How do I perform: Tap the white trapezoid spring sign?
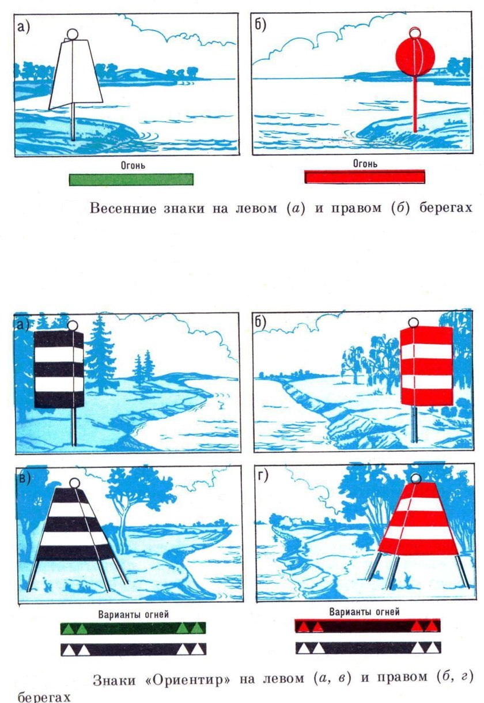(x=75, y=75)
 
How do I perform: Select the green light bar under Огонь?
(x=131, y=179)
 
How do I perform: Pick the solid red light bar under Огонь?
(x=365, y=176)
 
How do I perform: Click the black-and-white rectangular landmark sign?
(x=59, y=369)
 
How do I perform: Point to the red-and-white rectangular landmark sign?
(x=426, y=366)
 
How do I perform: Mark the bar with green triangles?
(x=133, y=628)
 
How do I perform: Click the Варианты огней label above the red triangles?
(x=364, y=612)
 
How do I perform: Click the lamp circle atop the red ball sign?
(x=414, y=32)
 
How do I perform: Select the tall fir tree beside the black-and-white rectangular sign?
(x=101, y=354)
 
